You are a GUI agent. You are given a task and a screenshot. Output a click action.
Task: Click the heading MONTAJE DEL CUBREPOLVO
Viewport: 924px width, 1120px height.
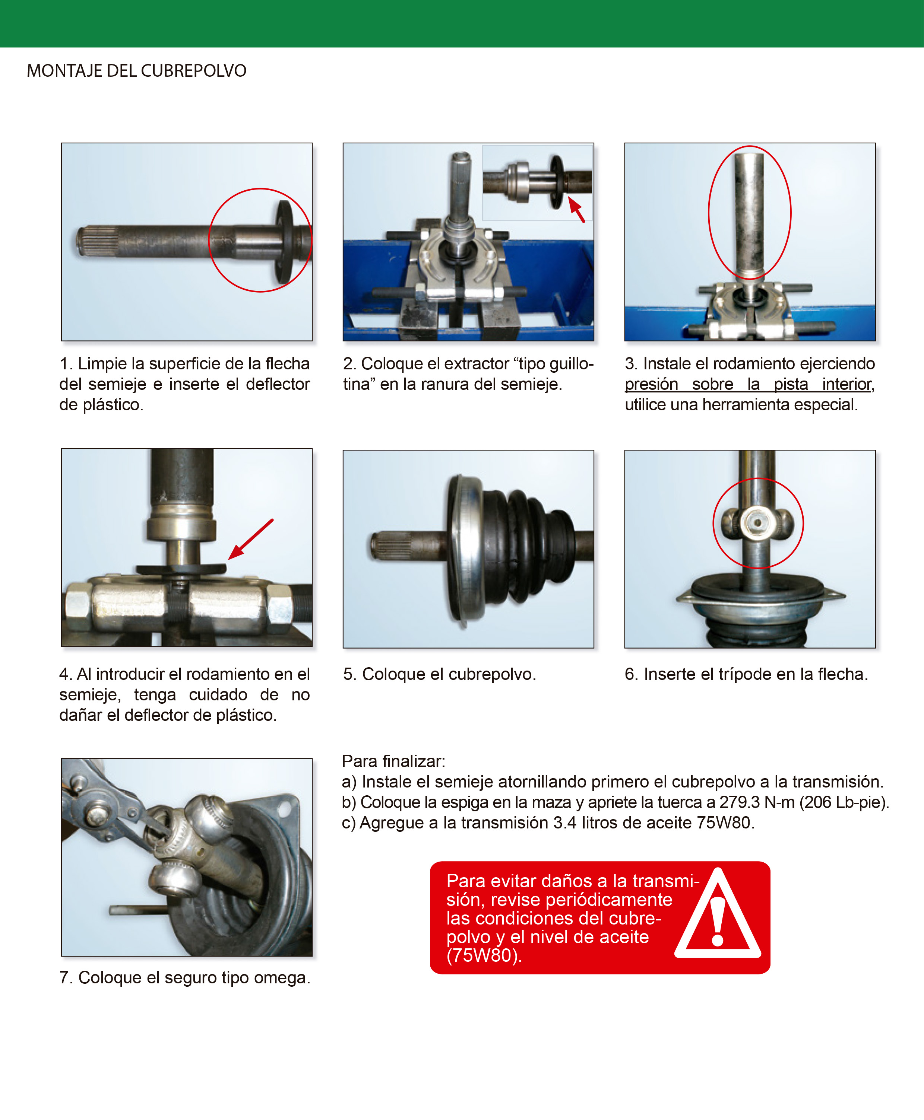[x=136, y=71]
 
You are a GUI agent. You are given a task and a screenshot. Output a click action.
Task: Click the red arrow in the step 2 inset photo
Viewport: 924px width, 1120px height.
[x=576, y=209]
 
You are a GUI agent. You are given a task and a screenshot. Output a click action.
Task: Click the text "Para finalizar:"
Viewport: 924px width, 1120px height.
[x=393, y=761]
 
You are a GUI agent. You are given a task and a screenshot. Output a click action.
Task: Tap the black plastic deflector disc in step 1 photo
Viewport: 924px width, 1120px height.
[x=284, y=242]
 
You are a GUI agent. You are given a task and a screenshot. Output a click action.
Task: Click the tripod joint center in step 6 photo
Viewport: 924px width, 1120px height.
[x=757, y=523]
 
